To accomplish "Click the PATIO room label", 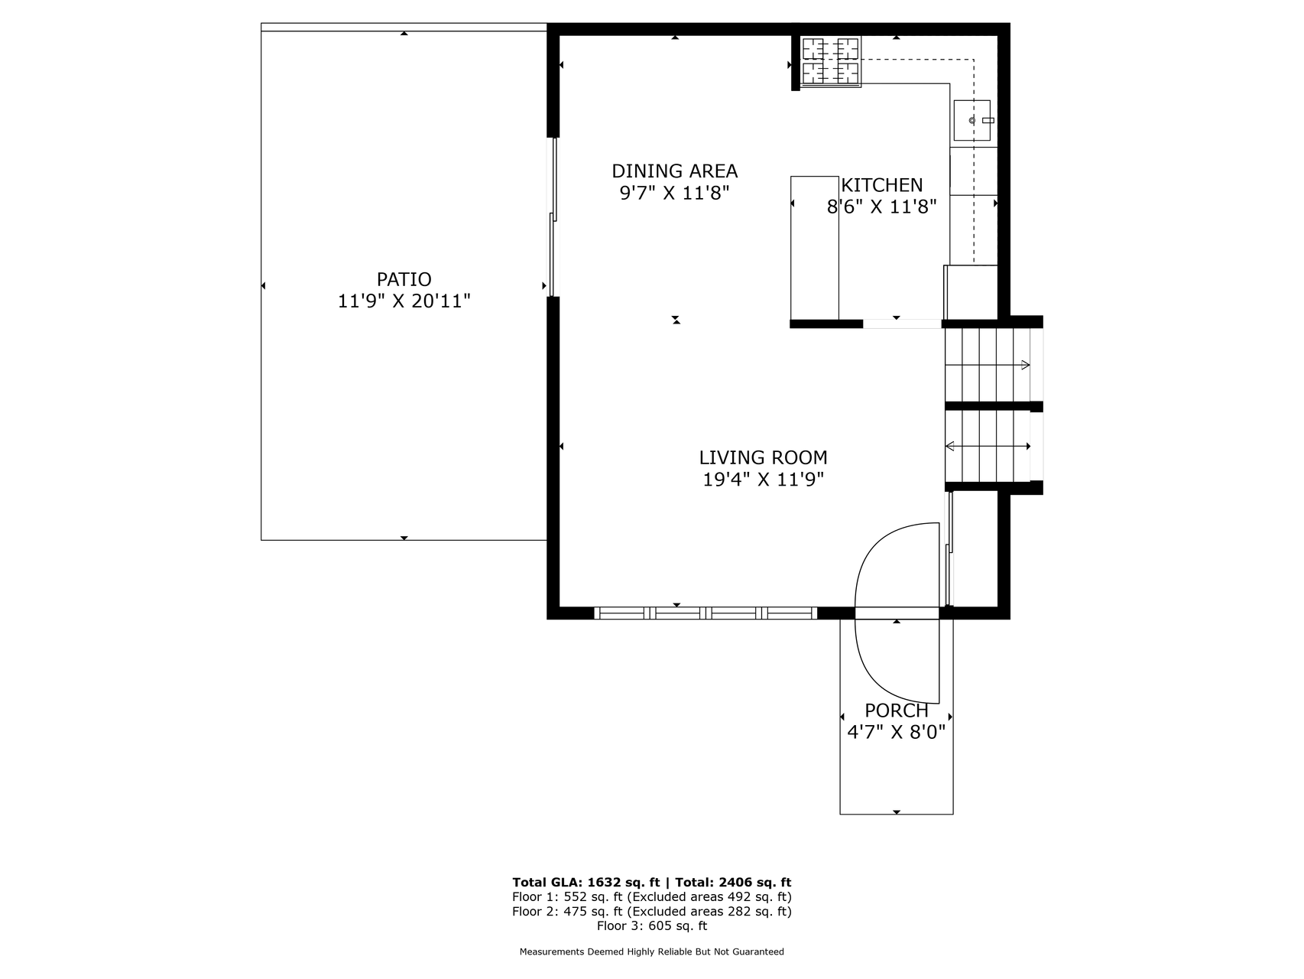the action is (x=404, y=279).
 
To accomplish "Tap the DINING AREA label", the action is (x=674, y=171).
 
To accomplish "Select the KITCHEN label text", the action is (x=882, y=185).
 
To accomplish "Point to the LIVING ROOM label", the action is (x=763, y=457).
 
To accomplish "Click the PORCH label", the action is (x=897, y=711).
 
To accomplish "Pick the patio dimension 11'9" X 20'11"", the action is (x=404, y=301).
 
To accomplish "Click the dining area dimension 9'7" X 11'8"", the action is (x=674, y=193).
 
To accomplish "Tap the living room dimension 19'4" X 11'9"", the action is (x=763, y=480).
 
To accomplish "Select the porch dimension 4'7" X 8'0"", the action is (x=897, y=733).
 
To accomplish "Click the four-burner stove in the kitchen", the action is (x=830, y=61).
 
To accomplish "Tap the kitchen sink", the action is (x=972, y=120).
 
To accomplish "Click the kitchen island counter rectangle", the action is (x=814, y=247).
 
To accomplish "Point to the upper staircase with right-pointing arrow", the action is (x=988, y=365).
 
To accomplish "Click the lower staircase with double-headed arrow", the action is (x=988, y=446).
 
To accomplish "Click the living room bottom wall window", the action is (x=706, y=613).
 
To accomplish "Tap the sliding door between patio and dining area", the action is (x=553, y=216).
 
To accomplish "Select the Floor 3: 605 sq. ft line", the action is (x=652, y=925).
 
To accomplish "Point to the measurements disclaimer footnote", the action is (x=652, y=952).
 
